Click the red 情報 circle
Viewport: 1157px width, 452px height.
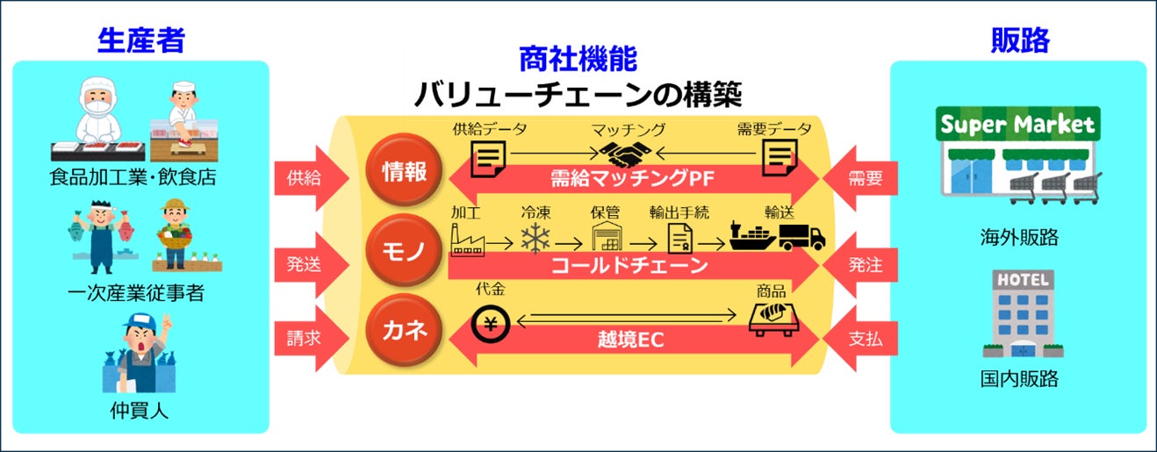point(405,170)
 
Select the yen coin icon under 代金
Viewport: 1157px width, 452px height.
point(489,322)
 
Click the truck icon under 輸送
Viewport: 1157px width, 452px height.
point(802,236)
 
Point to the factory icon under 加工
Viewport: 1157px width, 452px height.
point(467,239)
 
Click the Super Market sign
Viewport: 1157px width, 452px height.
point(1017,125)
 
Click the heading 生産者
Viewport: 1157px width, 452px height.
point(141,39)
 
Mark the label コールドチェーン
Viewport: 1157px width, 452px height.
point(629,266)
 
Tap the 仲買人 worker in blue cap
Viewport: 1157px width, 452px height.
point(140,351)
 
